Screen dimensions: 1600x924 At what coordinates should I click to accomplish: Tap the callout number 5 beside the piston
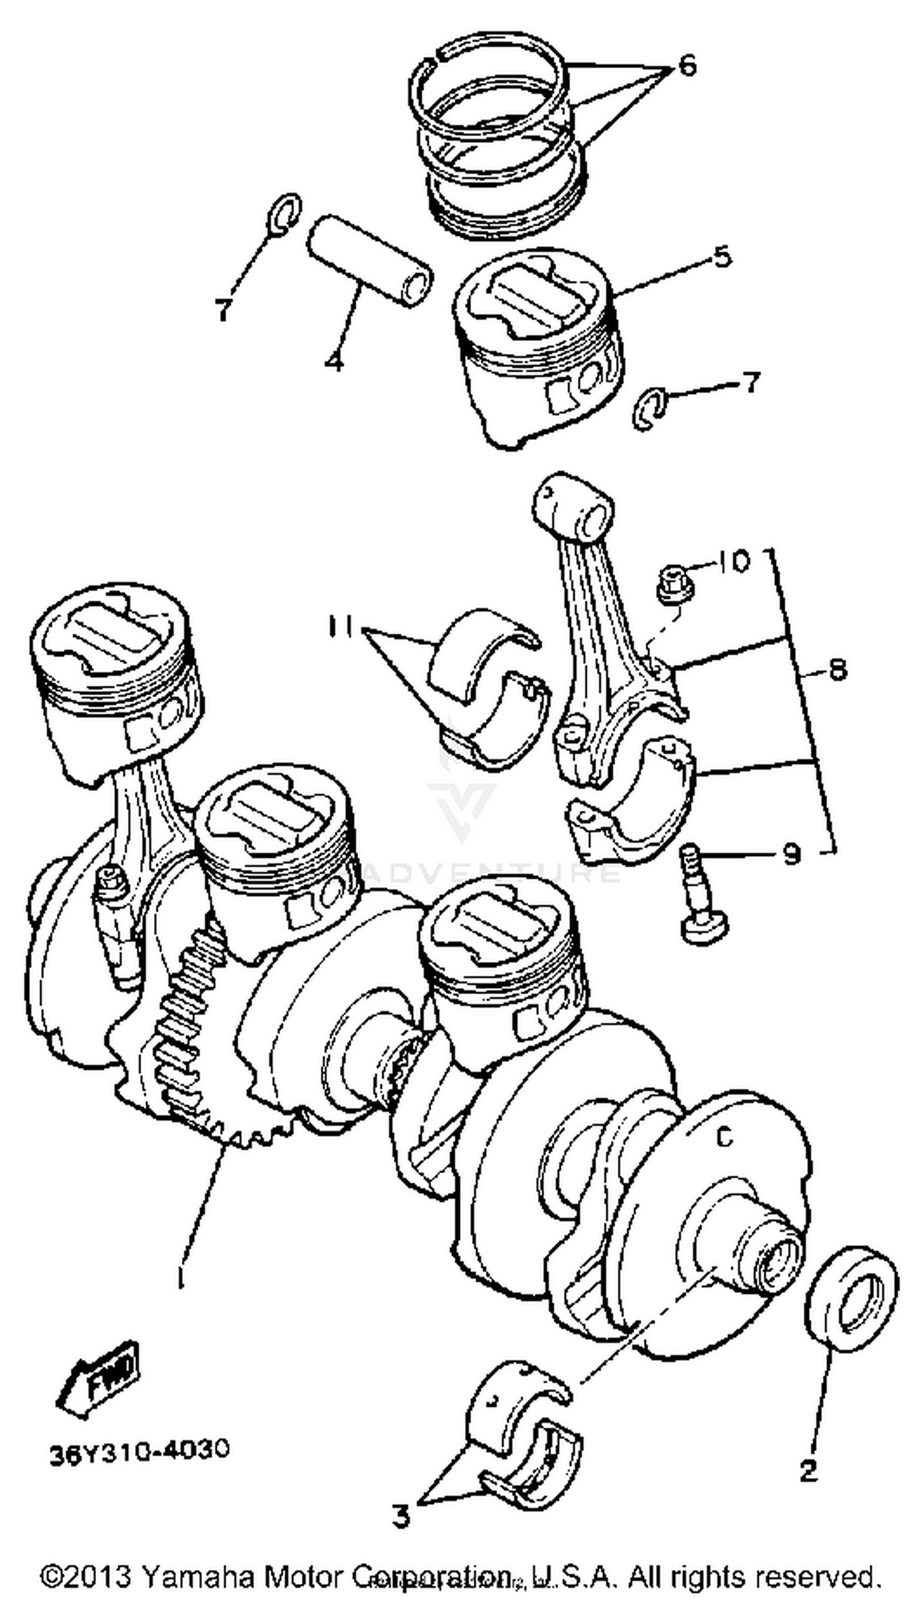[x=721, y=257]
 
